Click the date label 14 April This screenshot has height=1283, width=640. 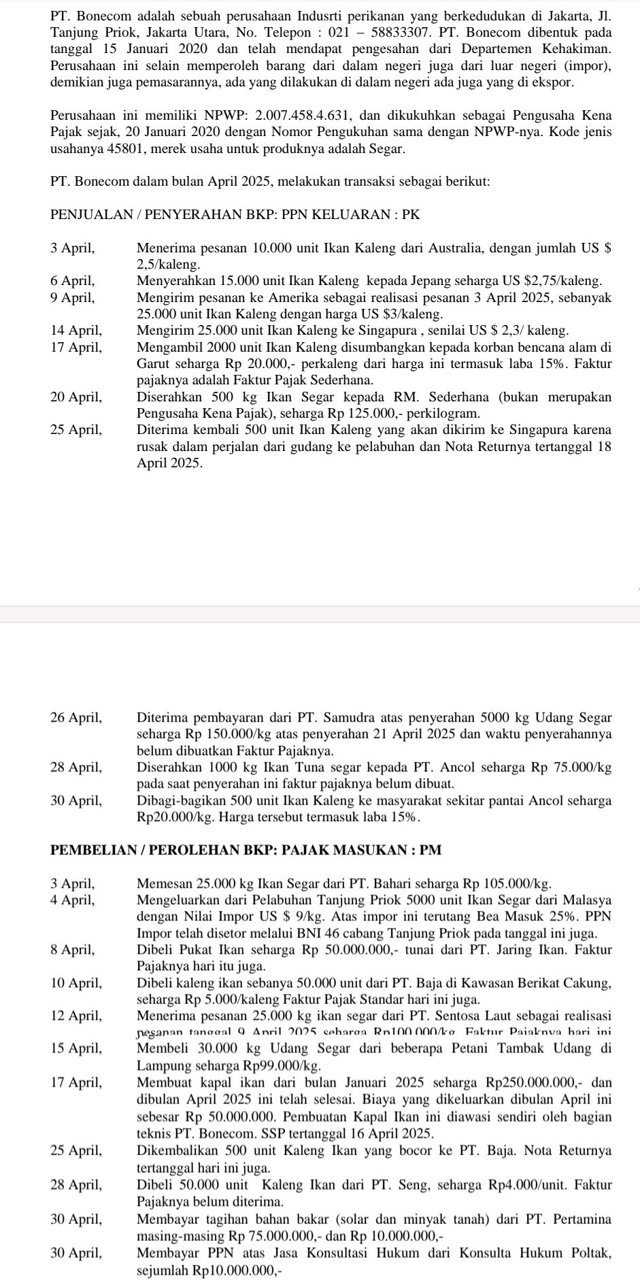[75, 330]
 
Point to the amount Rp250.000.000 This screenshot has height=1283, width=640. [533, 1081]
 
